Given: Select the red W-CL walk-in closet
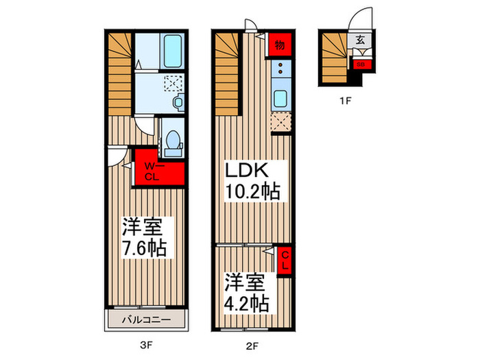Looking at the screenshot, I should coord(158,171).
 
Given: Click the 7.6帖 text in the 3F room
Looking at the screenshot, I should coord(144,247).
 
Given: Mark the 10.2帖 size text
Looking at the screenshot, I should coord(254,192).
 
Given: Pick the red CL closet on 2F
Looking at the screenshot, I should coord(286,261).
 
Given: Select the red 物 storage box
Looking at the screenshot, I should coord(280,45).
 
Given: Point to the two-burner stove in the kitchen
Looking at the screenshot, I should coord(280,69).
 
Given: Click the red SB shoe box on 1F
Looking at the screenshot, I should coord(361,65).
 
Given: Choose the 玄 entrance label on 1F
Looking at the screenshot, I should coord(361,40).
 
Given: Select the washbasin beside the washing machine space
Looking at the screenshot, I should coord(178,101).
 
